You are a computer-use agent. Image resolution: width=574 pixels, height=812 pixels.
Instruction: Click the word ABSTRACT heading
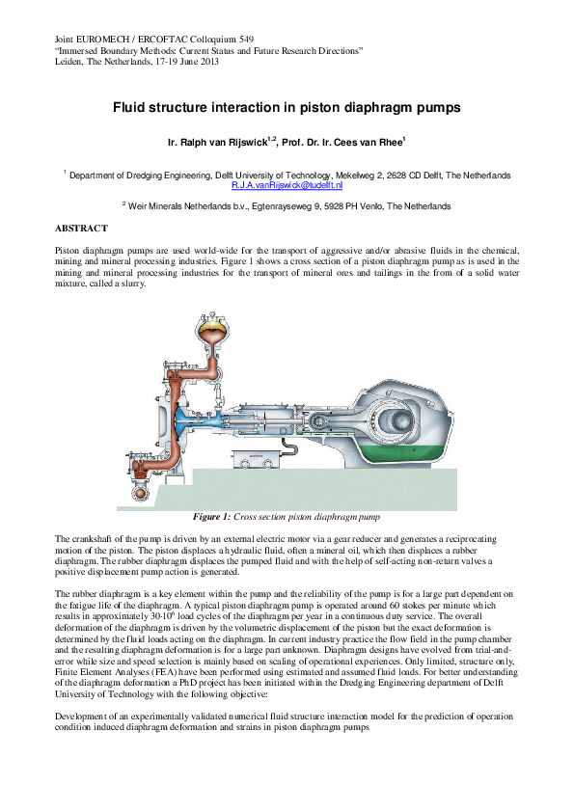(x=82, y=228)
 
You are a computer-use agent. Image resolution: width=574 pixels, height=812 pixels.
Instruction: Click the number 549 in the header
(x=253, y=38)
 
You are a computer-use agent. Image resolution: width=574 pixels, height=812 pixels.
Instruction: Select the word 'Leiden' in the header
(x=70, y=61)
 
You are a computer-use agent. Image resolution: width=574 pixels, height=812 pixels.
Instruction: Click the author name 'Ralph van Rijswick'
(x=215, y=142)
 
